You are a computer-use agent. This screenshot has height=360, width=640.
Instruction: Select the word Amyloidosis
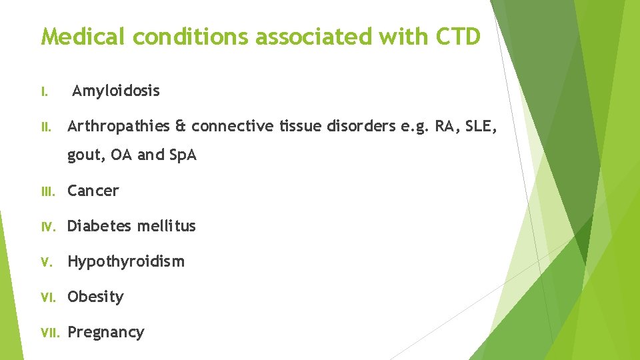(116, 91)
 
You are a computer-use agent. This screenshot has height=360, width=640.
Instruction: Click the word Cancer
(93, 191)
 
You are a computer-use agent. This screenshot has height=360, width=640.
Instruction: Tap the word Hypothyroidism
(126, 261)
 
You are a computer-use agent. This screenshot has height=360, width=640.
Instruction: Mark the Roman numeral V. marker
(46, 262)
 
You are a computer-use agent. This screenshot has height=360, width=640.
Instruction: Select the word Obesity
(95, 297)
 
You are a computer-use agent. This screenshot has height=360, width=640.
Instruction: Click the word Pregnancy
(106, 332)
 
